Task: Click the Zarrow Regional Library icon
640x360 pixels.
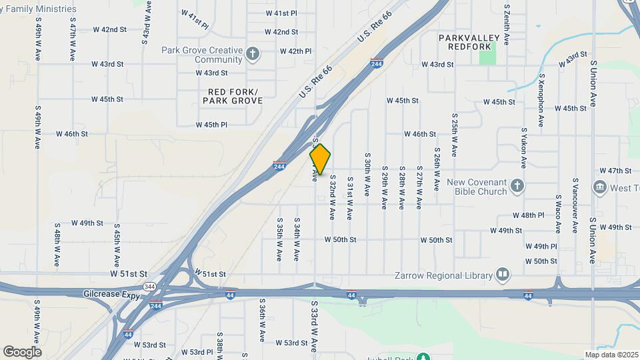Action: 502,275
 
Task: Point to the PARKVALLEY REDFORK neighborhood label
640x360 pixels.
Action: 465,42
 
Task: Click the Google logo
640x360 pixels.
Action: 22,352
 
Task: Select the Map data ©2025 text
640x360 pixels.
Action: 611,355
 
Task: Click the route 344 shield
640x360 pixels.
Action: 151,286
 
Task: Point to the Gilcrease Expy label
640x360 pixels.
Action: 111,294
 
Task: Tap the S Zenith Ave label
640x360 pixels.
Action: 507,25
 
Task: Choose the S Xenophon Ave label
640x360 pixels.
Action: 543,97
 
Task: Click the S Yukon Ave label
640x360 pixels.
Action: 525,148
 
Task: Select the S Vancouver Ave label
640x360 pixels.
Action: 575,205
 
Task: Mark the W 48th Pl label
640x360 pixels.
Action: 528,215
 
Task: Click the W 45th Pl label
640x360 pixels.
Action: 211,125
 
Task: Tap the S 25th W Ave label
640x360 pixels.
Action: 453,134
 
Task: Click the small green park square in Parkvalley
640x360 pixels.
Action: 488,55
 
